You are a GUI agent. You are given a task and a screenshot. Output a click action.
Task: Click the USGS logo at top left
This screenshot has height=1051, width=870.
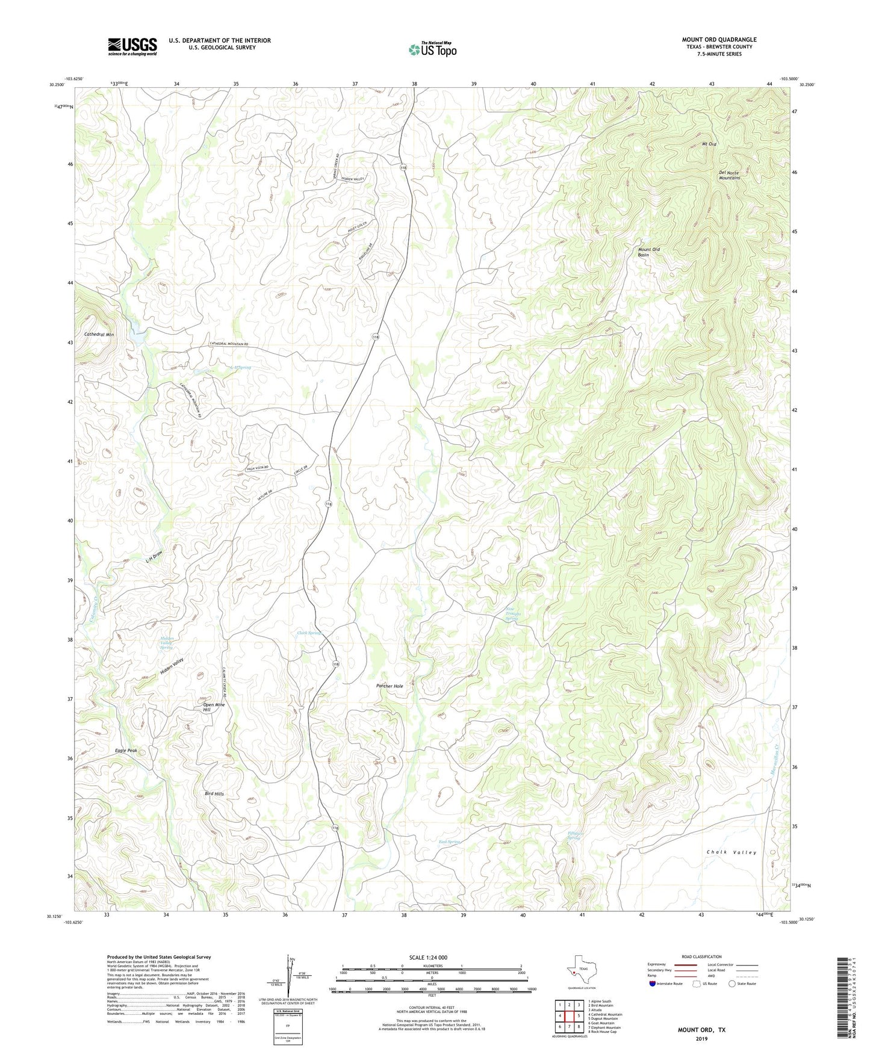(x=132, y=46)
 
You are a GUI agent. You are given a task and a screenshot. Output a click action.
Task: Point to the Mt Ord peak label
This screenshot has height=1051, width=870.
(x=709, y=144)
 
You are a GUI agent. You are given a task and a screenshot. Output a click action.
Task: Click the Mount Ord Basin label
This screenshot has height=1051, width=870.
(x=648, y=252)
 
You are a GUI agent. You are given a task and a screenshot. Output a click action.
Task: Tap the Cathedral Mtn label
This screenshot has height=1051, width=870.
(x=99, y=334)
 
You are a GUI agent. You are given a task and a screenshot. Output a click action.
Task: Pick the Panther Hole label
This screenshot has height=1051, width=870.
(x=390, y=686)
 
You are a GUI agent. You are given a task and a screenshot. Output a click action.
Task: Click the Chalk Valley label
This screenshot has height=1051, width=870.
(x=731, y=852)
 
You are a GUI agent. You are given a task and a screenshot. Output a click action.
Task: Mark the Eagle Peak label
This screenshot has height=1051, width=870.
(x=126, y=751)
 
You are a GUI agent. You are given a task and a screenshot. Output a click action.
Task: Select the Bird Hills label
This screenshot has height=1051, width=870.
(x=214, y=794)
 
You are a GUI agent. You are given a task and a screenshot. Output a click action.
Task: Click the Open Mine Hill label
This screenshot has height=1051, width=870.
(x=213, y=707)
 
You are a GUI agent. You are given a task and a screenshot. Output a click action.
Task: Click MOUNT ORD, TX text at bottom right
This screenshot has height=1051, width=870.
(x=701, y=1030)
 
